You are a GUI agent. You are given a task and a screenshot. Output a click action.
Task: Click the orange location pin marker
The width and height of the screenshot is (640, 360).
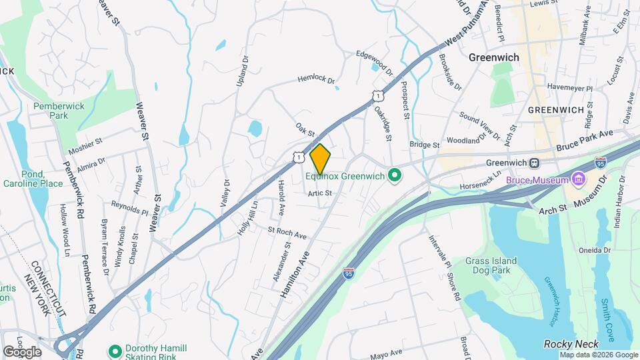click(x=320, y=159)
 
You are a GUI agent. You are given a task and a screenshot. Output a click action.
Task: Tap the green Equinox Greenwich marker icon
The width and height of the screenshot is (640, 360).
click(x=394, y=176)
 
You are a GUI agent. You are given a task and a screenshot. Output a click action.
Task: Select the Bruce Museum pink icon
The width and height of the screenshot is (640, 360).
click(x=578, y=179)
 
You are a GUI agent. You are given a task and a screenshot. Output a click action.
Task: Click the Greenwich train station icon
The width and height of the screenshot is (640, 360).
click(x=534, y=163)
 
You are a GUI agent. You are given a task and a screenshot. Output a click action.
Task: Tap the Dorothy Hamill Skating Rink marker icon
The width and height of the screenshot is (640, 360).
click(x=115, y=349)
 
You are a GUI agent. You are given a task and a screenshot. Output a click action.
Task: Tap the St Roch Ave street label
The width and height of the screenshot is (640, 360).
click(x=287, y=233)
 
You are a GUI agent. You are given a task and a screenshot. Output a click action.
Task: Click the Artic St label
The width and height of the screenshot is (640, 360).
click(x=319, y=193)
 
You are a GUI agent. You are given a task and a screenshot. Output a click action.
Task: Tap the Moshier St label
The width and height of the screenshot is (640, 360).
click(x=83, y=142)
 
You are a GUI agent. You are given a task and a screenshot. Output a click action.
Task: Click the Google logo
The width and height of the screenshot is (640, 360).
click(x=22, y=351)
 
